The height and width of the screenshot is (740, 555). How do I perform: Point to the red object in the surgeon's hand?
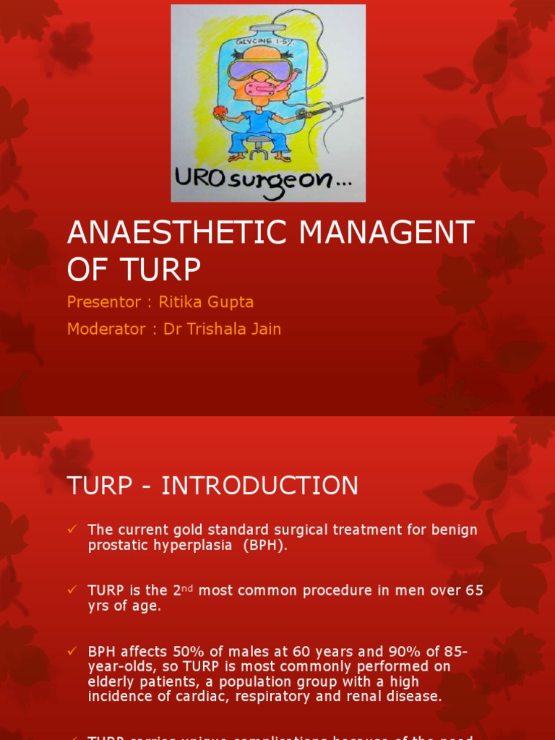point(219,112)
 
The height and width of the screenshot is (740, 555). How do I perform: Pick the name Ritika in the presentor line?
point(180,302)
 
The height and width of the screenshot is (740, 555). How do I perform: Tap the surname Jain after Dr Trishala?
point(264,329)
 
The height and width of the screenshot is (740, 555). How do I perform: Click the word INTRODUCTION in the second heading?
point(259,486)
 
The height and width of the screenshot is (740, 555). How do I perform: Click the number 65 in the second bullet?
point(474,590)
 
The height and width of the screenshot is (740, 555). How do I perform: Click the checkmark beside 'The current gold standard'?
point(72,530)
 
